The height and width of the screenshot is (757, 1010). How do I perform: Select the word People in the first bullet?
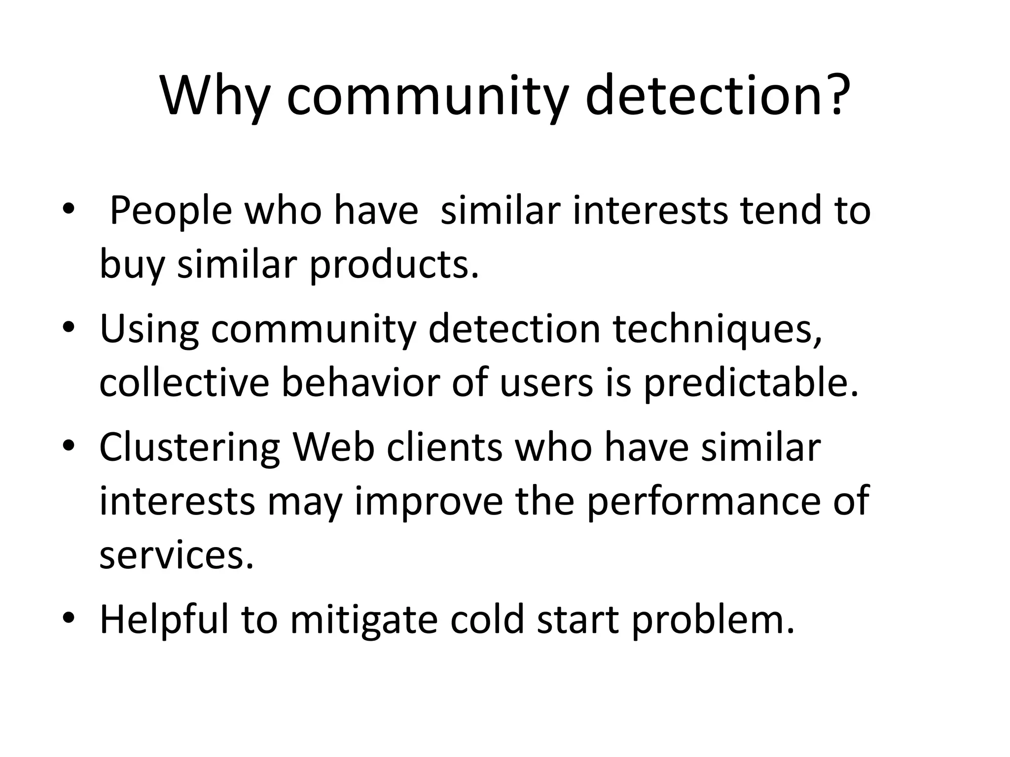[170, 211]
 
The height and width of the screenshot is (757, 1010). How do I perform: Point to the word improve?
[429, 501]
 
